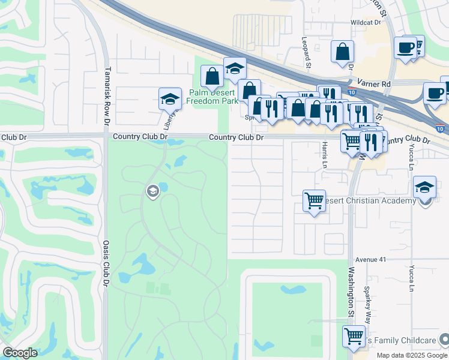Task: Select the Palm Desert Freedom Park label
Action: coord(212,97)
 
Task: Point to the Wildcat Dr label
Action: coord(366,22)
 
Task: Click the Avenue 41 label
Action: coord(369,260)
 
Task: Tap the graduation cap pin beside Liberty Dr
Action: coord(170,98)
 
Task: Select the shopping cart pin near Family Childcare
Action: coord(354,335)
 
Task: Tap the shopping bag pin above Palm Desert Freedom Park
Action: coord(211,76)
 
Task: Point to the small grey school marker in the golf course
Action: coord(152,191)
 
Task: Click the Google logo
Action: coord(20,353)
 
